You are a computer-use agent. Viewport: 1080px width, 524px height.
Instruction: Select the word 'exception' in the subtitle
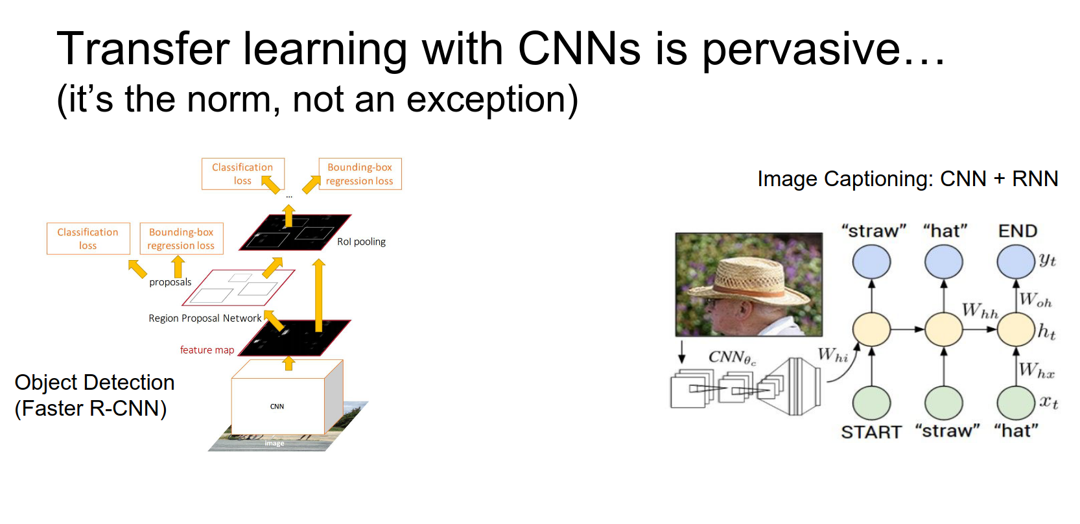tap(486, 100)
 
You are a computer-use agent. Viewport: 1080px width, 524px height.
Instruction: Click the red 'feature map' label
tap(207, 350)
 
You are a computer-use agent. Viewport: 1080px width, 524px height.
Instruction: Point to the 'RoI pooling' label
tap(361, 242)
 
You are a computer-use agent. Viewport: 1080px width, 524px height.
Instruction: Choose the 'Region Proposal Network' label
tap(205, 318)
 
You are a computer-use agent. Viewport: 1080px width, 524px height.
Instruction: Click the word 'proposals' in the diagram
tap(170, 282)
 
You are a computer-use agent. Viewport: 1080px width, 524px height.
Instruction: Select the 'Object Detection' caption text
tap(95, 382)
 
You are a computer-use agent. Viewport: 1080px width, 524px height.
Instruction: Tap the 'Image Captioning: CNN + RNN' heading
tap(908, 178)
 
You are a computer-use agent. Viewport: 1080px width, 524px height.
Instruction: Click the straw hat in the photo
tap(750, 281)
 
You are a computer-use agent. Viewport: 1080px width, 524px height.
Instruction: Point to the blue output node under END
tap(1015, 262)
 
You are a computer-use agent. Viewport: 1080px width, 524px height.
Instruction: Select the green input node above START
tap(871, 403)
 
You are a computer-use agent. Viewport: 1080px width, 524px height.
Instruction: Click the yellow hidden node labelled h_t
tap(1015, 329)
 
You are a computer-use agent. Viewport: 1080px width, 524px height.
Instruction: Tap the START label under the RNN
tap(871, 432)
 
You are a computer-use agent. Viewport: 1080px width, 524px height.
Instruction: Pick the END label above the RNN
tap(1017, 231)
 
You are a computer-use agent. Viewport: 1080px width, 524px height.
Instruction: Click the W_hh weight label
tap(980, 310)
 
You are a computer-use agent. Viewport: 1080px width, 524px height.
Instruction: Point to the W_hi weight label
tap(832, 355)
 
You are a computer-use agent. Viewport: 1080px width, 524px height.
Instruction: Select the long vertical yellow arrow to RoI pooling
tap(318, 295)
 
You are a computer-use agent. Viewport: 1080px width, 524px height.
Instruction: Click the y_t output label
tap(1047, 261)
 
